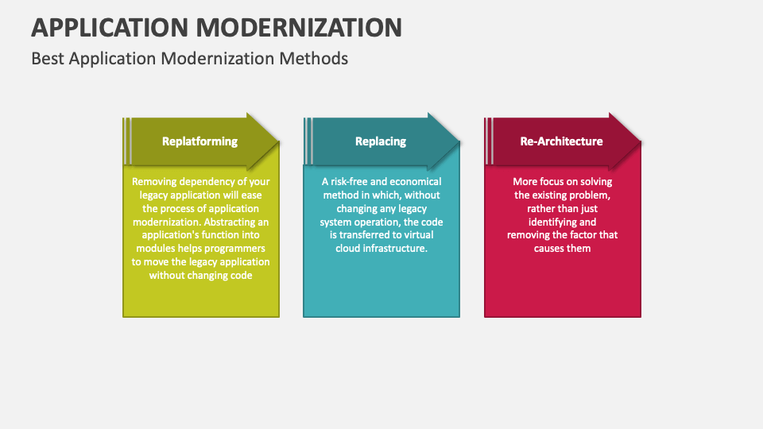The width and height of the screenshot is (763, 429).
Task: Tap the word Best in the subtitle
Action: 48,59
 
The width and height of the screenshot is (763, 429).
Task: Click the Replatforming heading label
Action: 199,141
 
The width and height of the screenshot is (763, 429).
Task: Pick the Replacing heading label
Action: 380,141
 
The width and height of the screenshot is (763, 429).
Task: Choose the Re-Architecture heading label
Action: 561,141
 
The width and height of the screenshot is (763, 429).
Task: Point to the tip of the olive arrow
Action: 279,142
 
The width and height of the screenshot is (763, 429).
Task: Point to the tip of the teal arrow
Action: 459,142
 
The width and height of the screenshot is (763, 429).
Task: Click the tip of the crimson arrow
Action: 641,142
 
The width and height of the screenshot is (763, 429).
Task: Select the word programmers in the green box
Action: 236,249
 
